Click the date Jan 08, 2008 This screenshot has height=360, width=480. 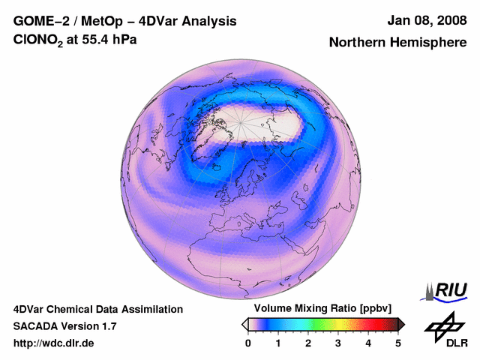point(424,21)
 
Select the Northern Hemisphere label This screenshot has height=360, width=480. point(397,43)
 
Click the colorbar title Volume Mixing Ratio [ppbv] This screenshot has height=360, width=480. point(322,309)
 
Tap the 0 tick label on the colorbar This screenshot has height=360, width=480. point(248,343)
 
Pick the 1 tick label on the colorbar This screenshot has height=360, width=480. point(278,343)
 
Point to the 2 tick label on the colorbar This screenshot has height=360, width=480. point(308,343)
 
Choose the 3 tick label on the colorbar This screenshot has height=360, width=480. point(338,343)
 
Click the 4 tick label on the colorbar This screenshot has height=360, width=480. point(368,343)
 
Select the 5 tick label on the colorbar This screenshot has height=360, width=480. point(398,343)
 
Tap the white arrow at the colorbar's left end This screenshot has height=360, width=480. point(244,324)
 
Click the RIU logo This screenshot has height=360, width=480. point(445,291)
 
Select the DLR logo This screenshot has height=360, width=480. point(445,330)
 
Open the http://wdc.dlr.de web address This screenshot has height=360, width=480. point(54,343)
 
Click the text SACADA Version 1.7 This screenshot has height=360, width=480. point(64,326)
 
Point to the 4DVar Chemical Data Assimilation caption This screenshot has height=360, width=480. point(97,309)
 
